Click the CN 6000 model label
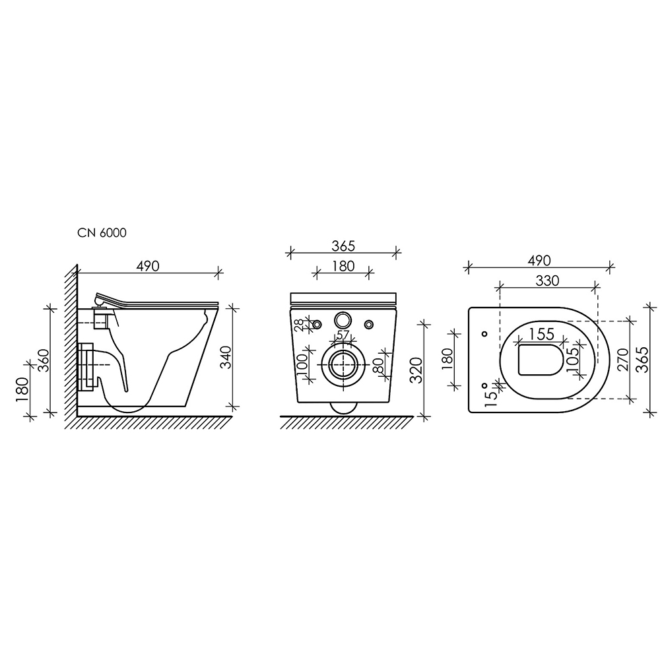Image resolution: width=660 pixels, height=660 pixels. [x=102, y=233]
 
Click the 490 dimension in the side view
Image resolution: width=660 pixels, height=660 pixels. [x=148, y=266]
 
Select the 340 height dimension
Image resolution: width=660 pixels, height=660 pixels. [x=226, y=357]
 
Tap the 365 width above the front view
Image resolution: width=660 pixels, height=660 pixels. [x=343, y=246]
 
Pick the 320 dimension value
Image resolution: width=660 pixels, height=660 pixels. [x=416, y=370]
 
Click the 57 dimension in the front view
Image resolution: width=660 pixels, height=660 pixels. [x=343, y=335]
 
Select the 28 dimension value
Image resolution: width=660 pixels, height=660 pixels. [x=299, y=325]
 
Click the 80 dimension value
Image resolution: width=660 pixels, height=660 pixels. [x=378, y=364]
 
